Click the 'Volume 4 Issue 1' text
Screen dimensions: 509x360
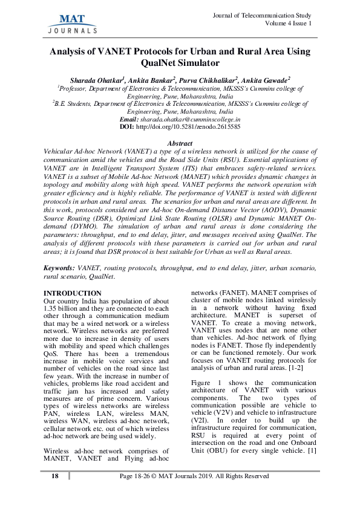coord(289,24)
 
